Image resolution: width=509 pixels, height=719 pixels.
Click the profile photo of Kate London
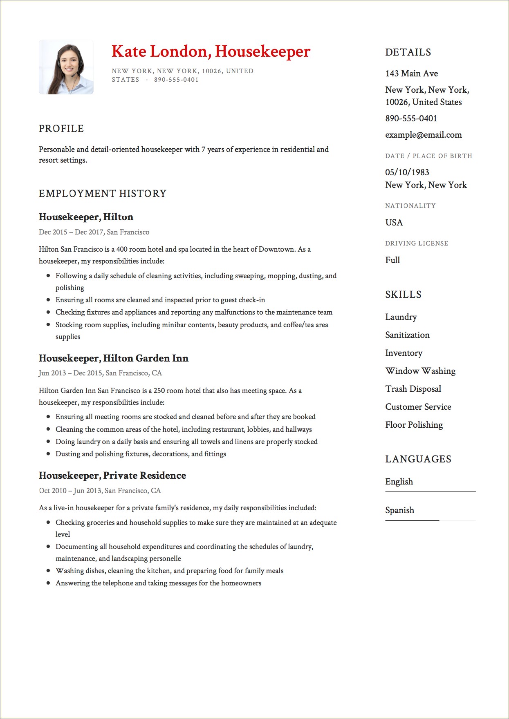tap(66, 67)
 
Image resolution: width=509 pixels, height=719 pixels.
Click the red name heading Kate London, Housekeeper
tap(211, 51)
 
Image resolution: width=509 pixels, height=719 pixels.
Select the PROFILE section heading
tap(61, 129)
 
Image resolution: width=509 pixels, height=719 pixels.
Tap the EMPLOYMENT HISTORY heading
tap(103, 194)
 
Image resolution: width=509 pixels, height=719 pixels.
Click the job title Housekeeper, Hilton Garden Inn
tap(114, 358)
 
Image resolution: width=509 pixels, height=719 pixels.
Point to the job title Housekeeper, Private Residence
tap(112, 476)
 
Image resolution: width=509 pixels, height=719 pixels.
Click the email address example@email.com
tap(423, 135)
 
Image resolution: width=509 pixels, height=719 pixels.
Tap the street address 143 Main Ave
tap(411, 74)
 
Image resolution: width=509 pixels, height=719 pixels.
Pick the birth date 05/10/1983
tap(407, 172)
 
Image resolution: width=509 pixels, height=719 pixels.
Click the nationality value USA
tap(394, 223)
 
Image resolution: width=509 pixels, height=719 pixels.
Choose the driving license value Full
tap(392, 260)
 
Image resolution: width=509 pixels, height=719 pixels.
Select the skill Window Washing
tap(420, 371)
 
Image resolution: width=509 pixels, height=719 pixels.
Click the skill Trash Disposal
tap(413, 389)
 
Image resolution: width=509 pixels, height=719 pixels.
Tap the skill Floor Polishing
tap(414, 425)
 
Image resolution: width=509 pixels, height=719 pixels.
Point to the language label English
tap(399, 482)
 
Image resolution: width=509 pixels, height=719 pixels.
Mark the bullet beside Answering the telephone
tap(48, 583)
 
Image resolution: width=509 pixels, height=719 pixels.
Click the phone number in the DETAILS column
tap(411, 118)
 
